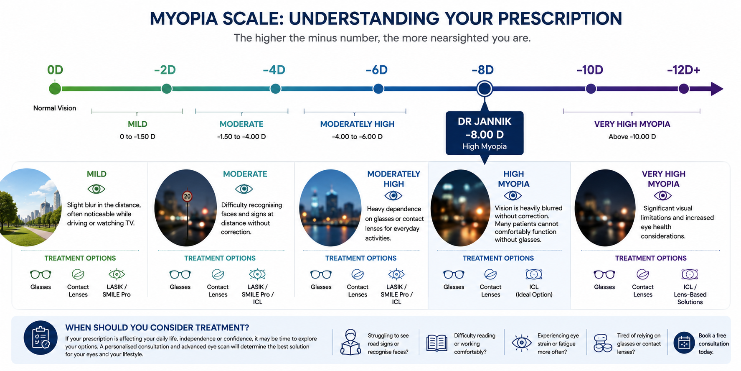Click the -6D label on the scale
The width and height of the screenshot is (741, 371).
pyautogui.click(x=376, y=70)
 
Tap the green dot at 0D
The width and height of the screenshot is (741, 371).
pyautogui.click(x=55, y=89)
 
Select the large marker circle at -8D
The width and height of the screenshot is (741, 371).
pyautogui.click(x=485, y=89)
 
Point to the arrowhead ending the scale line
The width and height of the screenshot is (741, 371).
pyautogui.click(x=717, y=89)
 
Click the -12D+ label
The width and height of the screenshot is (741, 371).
pyautogui.click(x=683, y=70)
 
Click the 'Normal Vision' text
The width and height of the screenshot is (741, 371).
pyautogui.click(x=55, y=108)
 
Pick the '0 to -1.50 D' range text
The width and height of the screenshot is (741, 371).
pyautogui.click(x=137, y=136)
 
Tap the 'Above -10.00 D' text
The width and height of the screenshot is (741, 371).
pyautogui.click(x=632, y=136)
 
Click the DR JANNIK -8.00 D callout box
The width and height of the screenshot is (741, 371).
pyautogui.click(x=485, y=133)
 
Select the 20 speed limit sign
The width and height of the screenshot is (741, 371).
pyautogui.click(x=187, y=196)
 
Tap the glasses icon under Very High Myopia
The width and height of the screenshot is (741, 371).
pyautogui.click(x=604, y=274)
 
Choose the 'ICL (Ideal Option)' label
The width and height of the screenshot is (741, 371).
pyautogui.click(x=534, y=291)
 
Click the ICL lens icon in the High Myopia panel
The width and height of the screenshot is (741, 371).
pyautogui.click(x=534, y=274)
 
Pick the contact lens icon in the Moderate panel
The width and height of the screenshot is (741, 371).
pyautogui.click(x=218, y=274)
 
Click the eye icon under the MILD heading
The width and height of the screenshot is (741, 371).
pyautogui.click(x=96, y=189)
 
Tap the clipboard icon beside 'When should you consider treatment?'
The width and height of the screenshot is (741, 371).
pyautogui.click(x=41, y=338)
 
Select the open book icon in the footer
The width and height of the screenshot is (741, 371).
pyautogui.click(x=437, y=343)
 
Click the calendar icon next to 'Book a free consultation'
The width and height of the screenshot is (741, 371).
pyautogui.click(x=684, y=343)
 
